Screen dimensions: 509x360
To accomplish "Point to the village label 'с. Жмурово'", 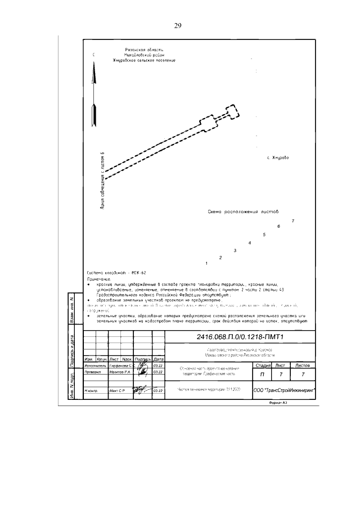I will tap(277, 157).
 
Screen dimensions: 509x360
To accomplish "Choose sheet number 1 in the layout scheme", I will tap(206, 263).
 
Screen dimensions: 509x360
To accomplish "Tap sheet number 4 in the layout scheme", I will tap(249, 242).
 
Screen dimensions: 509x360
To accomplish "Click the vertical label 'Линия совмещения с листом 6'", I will tap(102, 180).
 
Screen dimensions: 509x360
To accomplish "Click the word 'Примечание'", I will tap(99, 278).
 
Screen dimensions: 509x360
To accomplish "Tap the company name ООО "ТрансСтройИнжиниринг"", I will tap(284, 389).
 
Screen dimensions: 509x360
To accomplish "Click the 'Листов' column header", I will tap(303, 366).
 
